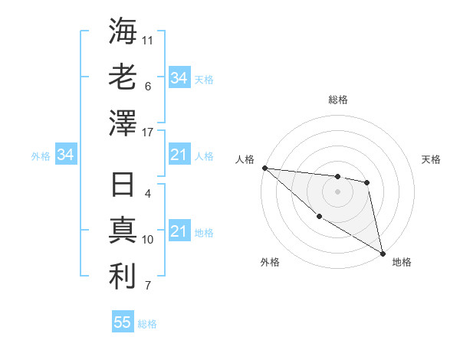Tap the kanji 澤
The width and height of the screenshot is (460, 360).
coord(123,123)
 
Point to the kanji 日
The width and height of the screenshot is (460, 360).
coord(123,185)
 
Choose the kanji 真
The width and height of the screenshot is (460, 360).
coord(123,231)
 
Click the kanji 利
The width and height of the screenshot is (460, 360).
coord(123,277)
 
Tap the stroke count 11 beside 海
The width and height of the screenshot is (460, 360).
coord(148,40)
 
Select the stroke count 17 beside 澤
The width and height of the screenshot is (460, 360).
coord(148,133)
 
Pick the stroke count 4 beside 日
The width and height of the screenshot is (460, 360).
coord(148,194)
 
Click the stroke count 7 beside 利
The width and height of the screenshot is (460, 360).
coord(148,286)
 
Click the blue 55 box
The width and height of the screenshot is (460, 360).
coord(123,322)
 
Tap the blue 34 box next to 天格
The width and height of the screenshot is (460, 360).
coord(179,78)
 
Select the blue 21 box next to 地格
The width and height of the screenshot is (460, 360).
coord(179,232)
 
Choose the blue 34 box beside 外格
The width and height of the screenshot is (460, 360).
coord(65,155)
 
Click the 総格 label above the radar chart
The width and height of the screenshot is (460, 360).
coord(338,100)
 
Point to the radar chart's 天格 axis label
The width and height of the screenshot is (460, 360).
coord(431,159)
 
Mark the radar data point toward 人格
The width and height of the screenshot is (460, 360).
coord(264,168)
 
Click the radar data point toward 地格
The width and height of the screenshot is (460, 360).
coord(383,253)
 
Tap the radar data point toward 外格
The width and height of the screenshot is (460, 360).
coord(319,217)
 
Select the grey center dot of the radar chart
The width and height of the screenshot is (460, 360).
coord(337,191)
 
